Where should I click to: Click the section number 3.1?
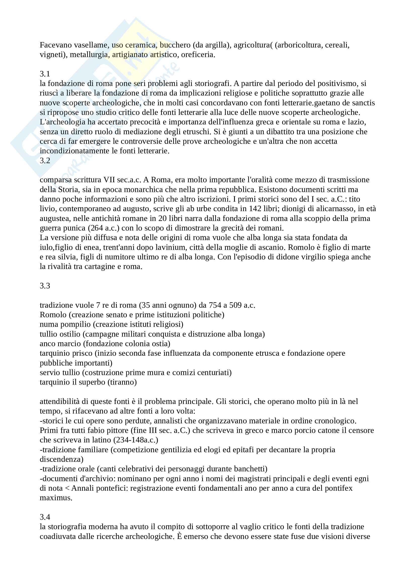coord(45,74)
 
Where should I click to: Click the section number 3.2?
coord(45,161)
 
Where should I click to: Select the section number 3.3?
coord(45,286)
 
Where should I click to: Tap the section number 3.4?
coord(45,517)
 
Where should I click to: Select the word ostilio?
coord(69,334)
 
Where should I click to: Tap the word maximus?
coord(56,498)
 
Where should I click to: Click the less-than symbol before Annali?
coord(67,488)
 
